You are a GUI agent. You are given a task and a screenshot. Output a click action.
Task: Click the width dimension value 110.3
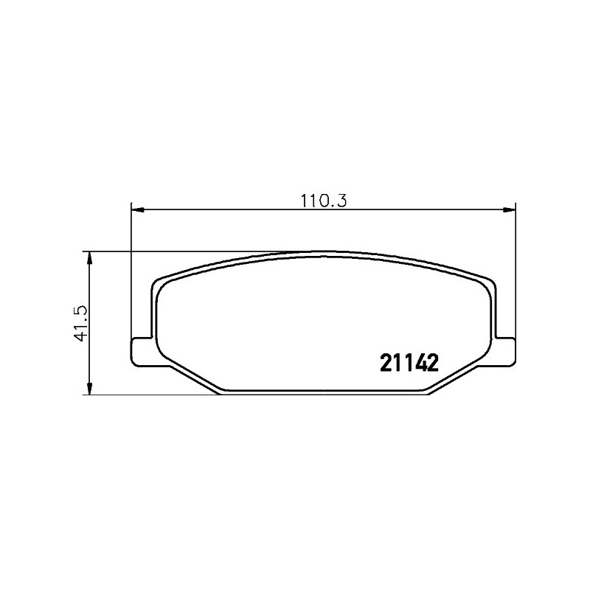tap(323, 201)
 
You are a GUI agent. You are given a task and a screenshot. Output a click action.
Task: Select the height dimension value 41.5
tap(81, 323)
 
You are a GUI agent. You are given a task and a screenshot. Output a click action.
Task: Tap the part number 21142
tap(409, 363)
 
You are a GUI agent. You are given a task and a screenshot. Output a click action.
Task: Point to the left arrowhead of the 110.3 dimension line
tap(138, 209)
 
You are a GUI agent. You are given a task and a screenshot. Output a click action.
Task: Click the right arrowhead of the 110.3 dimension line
tap(509, 209)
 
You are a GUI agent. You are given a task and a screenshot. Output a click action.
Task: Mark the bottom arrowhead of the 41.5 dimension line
tap(89, 389)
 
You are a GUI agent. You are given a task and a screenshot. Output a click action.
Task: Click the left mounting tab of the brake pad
tap(142, 352)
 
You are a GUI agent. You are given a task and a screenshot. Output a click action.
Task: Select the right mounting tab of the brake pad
tap(505, 351)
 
